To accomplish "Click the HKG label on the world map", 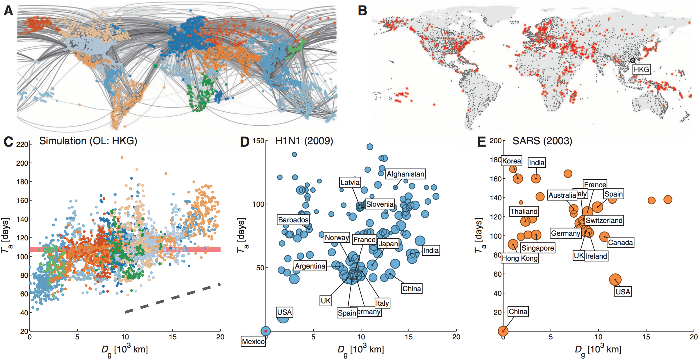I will [x=641, y=69].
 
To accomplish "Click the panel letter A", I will [x=8, y=11].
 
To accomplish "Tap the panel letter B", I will [x=362, y=11].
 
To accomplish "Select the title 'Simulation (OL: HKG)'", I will [x=88, y=141].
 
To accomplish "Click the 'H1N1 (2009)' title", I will [x=304, y=141].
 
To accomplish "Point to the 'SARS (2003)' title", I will [x=542, y=141].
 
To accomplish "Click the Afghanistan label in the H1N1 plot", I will [x=405, y=174].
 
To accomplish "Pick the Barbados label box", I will [x=293, y=220].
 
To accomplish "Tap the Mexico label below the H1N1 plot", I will [x=253, y=341].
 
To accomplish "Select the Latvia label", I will [x=350, y=182].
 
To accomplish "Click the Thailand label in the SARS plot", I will [x=524, y=211].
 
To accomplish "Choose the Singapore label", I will [x=538, y=248].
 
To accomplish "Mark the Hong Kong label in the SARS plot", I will [x=520, y=258].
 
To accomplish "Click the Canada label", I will [x=620, y=242].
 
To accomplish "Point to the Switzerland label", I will [x=604, y=220].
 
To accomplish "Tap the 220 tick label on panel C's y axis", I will [x=22, y=145].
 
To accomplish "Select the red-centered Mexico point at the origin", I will [x=266, y=331].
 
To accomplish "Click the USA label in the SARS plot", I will [x=623, y=292].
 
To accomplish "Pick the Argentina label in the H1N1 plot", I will [x=310, y=266].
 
